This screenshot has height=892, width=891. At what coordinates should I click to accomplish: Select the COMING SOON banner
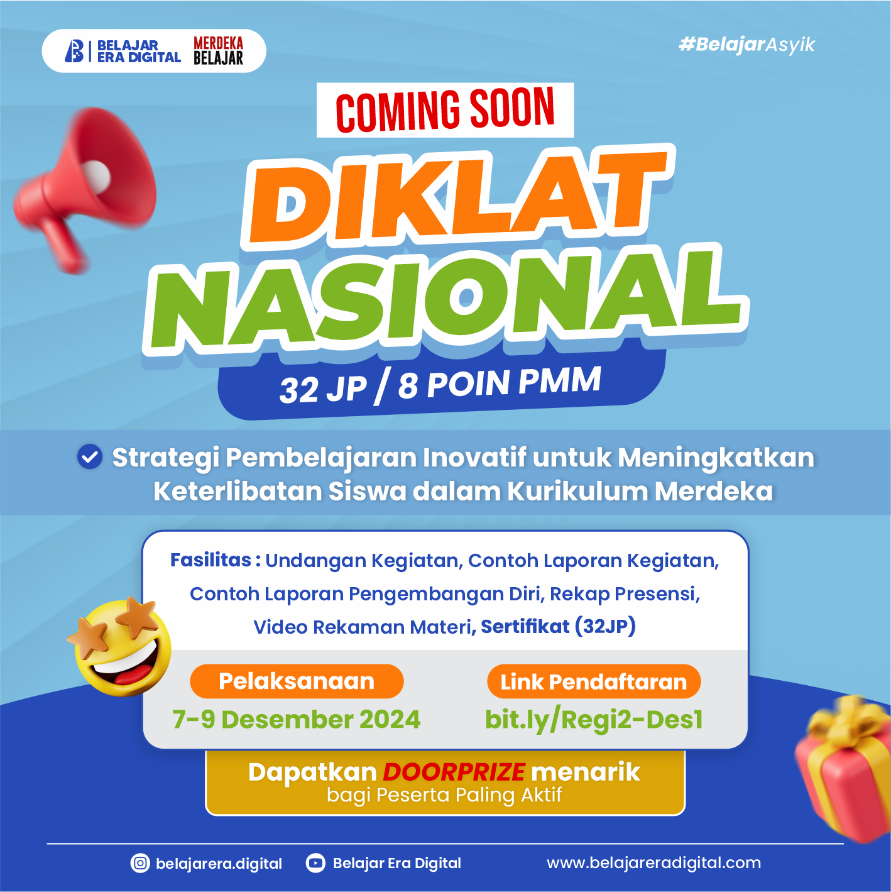pyautogui.click(x=445, y=110)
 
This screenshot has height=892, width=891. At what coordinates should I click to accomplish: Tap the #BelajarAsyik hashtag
pyautogui.click(x=746, y=45)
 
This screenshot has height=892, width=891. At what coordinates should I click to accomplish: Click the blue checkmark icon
pyautogui.click(x=90, y=457)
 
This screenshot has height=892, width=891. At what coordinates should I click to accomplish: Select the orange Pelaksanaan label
pyautogui.click(x=297, y=681)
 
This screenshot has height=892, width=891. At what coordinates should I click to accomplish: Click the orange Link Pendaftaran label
pyautogui.click(x=594, y=681)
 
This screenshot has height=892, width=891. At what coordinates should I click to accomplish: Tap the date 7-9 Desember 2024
pyautogui.click(x=297, y=719)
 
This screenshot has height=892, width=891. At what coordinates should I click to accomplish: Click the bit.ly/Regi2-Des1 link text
pyautogui.click(x=594, y=719)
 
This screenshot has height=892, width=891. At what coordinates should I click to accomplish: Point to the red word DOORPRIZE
pyautogui.click(x=454, y=771)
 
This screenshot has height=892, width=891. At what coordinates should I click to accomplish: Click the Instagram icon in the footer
pyautogui.click(x=140, y=863)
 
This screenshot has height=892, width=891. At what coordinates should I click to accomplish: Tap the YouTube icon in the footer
pyautogui.click(x=315, y=863)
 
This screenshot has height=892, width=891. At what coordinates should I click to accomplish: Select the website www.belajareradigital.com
pyautogui.click(x=653, y=862)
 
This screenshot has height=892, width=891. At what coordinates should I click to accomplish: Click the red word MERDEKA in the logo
pyautogui.click(x=218, y=43)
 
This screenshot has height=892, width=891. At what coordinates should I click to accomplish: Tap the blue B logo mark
pyautogui.click(x=74, y=51)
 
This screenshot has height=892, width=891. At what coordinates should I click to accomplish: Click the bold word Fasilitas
pyautogui.click(x=210, y=559)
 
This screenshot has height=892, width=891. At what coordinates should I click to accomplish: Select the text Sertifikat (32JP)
pyautogui.click(x=558, y=626)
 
